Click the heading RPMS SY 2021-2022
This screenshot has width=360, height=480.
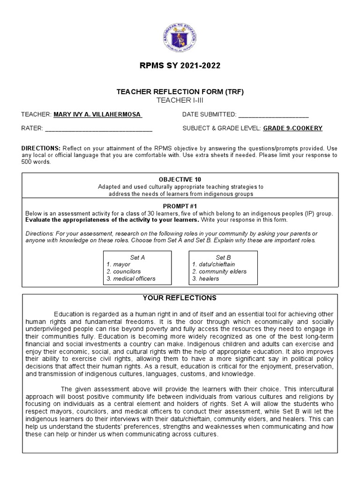(x=180, y=66)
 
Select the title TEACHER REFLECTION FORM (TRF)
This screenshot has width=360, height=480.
(x=180, y=92)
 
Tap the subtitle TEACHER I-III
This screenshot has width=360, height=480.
(x=180, y=100)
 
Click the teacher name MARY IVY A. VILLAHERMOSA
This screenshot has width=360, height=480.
(x=97, y=114)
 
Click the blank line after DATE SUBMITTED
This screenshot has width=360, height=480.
(x=274, y=115)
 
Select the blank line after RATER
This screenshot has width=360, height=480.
(x=98, y=128)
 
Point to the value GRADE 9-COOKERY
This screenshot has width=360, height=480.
(x=293, y=128)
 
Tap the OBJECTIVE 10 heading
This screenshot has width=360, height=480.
(x=180, y=180)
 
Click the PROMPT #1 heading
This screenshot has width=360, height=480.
(x=180, y=206)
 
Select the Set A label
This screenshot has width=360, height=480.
(x=137, y=257)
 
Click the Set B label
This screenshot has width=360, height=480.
(x=223, y=257)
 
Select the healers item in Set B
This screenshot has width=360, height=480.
(x=209, y=278)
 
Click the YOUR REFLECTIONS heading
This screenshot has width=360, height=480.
(x=180, y=298)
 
